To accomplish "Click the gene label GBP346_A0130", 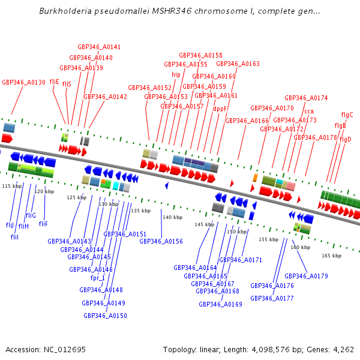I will [x=24, y=82].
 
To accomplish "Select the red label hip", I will [x=176, y=75].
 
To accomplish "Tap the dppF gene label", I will [x=220, y=109].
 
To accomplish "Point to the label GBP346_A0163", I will [x=238, y=64].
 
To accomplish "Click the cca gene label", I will [x=309, y=111].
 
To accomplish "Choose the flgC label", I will [x=347, y=115].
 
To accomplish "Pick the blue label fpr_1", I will [x=97, y=278].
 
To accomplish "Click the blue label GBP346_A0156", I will [x=161, y=241].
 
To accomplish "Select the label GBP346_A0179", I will [x=306, y=276].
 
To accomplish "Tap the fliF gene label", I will [x=43, y=224].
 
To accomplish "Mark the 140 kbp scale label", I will [x=173, y=217].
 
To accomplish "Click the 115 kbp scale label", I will [x=12, y=186].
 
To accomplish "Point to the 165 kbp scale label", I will [x=331, y=256].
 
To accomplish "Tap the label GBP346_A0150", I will [x=105, y=316].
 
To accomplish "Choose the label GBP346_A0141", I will [x=99, y=47].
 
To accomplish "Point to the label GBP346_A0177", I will [x=272, y=298].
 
